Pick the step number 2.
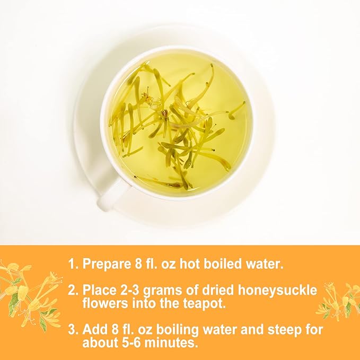(72, 291)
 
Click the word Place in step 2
(99, 291)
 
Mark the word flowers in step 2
(104, 304)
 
